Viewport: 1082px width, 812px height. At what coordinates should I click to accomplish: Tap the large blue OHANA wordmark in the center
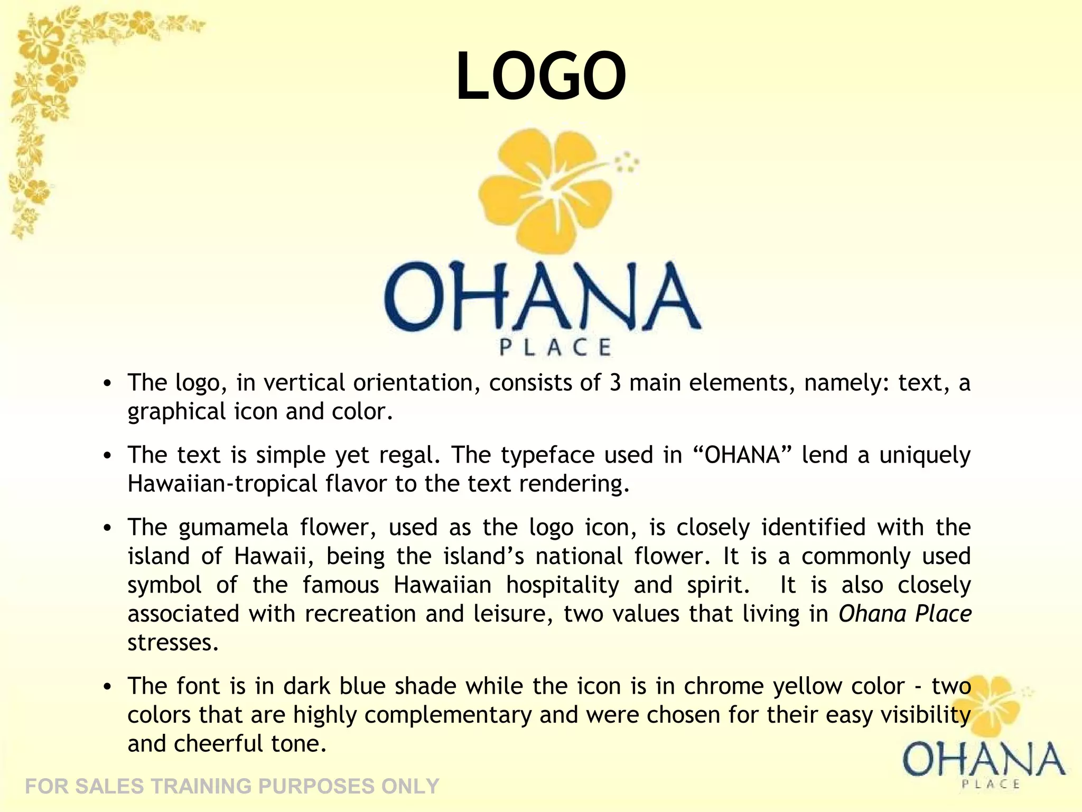[x=542, y=296]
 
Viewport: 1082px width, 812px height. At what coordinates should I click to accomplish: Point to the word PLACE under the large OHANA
[x=555, y=347]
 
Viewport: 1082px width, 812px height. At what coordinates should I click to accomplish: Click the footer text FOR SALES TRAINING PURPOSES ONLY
[x=232, y=787]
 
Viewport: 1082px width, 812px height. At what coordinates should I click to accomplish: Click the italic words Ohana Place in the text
[x=904, y=614]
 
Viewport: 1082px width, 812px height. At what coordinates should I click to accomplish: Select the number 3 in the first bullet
[x=614, y=383]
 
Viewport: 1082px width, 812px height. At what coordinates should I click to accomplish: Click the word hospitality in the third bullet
[x=562, y=585]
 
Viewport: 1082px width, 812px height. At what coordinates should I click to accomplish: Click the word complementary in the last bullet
[x=447, y=715]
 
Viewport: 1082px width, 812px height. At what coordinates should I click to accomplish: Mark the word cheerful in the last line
[x=218, y=744]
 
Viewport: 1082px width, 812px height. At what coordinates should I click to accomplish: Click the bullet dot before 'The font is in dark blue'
[x=108, y=687]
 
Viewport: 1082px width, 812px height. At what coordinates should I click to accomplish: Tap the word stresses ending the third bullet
[x=173, y=643]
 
